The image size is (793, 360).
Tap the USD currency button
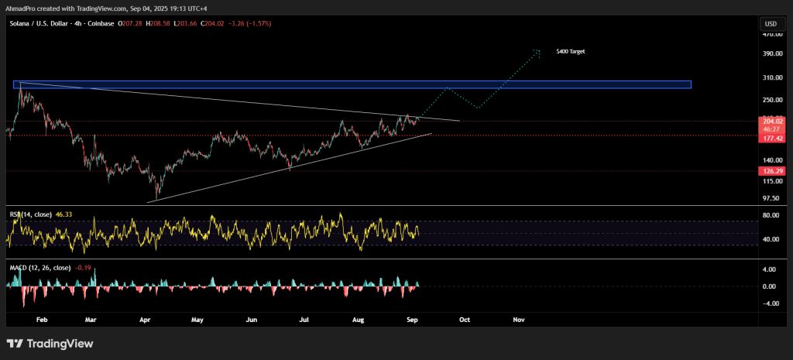(771, 24)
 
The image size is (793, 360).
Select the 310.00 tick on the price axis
(771, 77)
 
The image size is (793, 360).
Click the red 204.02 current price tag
(772, 121)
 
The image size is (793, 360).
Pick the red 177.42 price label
(772, 138)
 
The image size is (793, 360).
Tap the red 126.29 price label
(772, 170)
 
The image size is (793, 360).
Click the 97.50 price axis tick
(771, 197)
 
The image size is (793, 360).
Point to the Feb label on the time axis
(42, 318)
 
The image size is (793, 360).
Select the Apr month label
(145, 318)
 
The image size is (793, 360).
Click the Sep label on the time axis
(411, 318)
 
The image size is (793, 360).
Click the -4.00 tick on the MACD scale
(771, 303)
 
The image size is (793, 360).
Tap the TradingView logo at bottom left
(50, 344)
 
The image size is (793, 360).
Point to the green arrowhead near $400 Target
(537, 52)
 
